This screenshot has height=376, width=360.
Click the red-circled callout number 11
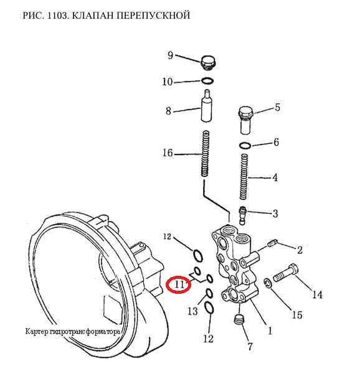click(179, 284)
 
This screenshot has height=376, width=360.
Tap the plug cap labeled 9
click(208, 63)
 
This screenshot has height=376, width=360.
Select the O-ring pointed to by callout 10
click(207, 81)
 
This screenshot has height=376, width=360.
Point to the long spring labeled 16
click(206, 154)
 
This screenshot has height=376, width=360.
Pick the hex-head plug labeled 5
click(246, 120)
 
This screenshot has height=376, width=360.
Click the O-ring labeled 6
click(245, 145)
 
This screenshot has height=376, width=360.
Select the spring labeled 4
click(244, 177)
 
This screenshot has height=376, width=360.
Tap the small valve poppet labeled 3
click(242, 215)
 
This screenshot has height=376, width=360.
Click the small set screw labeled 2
click(272, 244)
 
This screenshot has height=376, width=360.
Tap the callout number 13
click(192, 311)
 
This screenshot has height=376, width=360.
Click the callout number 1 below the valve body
click(270, 331)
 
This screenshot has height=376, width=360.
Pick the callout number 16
click(168, 153)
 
